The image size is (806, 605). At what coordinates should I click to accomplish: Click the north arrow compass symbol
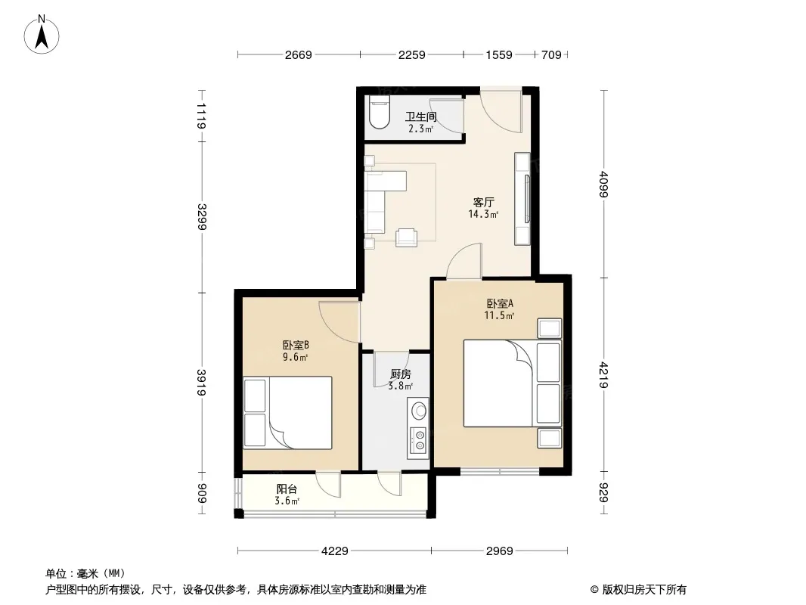tap(42, 35)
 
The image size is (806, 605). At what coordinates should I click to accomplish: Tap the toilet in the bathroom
tap(380, 113)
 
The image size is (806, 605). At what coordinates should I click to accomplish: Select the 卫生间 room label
tap(420, 116)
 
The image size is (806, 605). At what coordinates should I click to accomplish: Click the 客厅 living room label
tap(483, 202)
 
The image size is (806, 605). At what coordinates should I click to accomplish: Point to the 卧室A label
tap(500, 304)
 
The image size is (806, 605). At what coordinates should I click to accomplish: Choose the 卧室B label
tap(296, 345)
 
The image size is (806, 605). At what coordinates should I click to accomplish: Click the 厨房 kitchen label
tap(401, 374)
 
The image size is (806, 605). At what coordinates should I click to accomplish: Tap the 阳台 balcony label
tap(287, 490)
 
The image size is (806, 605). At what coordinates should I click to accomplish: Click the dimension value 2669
tap(299, 54)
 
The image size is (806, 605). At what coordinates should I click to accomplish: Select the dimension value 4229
tap(335, 551)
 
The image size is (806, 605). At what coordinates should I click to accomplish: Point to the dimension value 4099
tap(603, 184)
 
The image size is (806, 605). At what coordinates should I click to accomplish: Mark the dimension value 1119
tap(201, 116)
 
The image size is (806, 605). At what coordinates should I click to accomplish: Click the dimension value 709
tap(551, 54)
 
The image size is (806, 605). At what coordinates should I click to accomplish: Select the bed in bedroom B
tap(287, 413)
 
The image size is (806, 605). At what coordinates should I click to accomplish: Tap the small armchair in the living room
tap(406, 237)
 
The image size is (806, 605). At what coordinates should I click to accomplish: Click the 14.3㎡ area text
tap(483, 214)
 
